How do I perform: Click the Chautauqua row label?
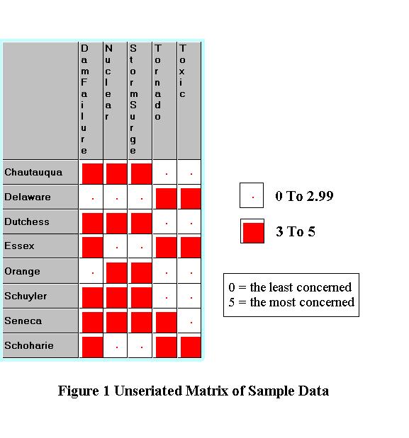33,173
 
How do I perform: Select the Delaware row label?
28,197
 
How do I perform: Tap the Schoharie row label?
29,345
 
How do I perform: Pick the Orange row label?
22,271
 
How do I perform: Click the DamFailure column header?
84,99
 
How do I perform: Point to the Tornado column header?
158,82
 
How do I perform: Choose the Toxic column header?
182,71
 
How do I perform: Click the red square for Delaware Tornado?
166,199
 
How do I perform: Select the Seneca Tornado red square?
166,323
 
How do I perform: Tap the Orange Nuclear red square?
117,273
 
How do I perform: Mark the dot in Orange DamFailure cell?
93,273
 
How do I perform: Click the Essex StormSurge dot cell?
142,248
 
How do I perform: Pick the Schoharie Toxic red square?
191,347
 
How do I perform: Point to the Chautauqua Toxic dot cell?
191,174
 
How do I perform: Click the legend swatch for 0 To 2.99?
252,195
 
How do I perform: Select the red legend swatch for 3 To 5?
253,233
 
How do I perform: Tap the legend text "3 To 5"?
296,231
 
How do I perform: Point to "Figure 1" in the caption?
84,391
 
